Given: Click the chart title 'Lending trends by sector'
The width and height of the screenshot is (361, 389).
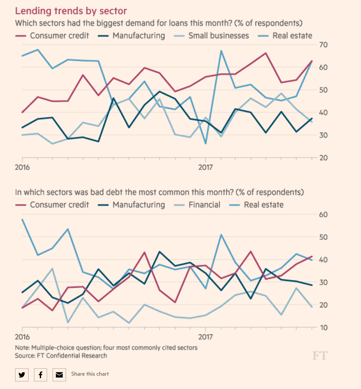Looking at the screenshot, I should [x=71, y=11].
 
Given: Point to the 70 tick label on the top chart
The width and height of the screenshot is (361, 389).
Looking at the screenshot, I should [x=323, y=45].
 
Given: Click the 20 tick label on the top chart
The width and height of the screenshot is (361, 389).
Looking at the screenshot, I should [x=323, y=158].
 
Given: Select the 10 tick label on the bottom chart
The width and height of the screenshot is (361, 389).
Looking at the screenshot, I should [x=323, y=328].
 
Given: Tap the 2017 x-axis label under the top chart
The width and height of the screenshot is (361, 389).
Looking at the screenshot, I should [x=206, y=168].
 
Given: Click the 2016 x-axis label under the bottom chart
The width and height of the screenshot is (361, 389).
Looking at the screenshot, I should [x=22, y=337].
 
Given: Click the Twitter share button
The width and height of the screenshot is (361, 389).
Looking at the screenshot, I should [x=22, y=375].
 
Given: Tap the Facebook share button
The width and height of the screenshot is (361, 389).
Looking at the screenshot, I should [x=40, y=375].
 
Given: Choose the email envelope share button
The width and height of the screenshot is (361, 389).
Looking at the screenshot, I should [x=59, y=375].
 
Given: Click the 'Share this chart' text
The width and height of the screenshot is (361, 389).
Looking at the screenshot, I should [x=90, y=374].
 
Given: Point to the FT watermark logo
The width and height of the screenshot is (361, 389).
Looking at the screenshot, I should [x=320, y=356].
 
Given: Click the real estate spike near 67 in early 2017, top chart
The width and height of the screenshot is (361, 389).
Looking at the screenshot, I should [x=221, y=51].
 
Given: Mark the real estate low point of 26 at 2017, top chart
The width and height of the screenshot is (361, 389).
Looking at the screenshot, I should [x=206, y=143].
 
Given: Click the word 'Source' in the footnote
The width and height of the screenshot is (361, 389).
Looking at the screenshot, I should [x=24, y=356].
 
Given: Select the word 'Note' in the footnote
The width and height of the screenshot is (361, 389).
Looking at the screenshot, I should [x=22, y=348].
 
